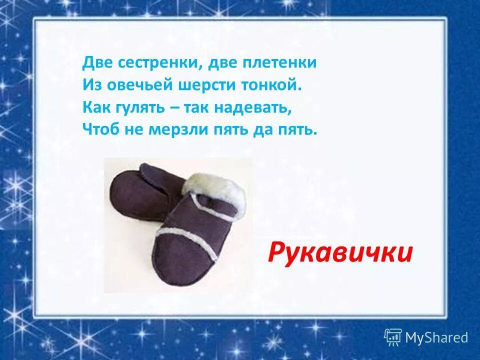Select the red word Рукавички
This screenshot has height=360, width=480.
[340, 252]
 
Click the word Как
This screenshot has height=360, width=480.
[96, 107]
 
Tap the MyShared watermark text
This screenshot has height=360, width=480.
[436, 337]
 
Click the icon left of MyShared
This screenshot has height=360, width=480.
[392, 337]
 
